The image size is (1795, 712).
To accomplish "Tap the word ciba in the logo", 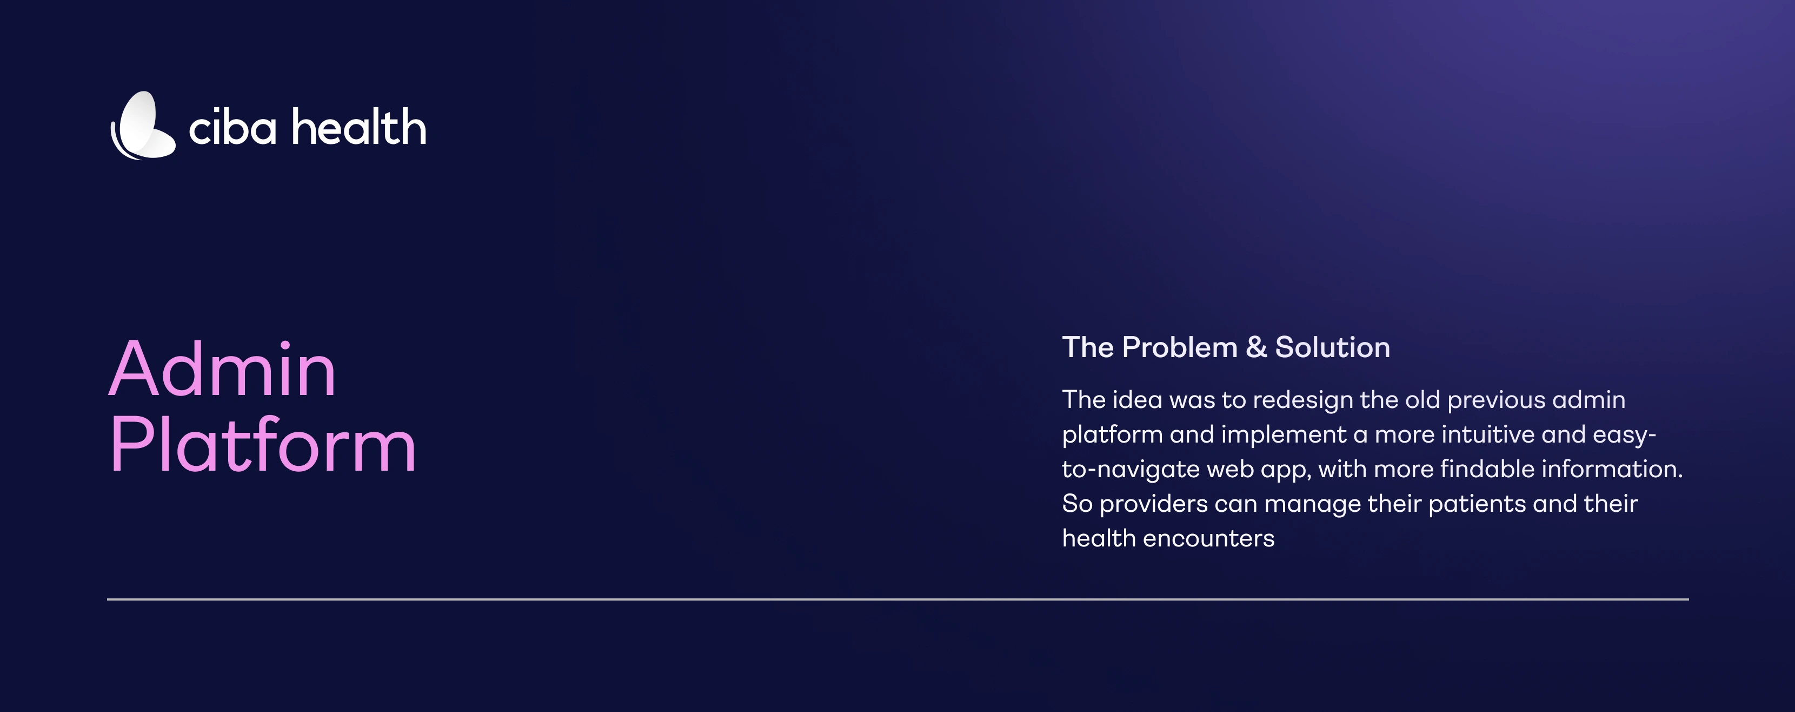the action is click(232, 128).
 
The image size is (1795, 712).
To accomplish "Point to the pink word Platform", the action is click(263, 444).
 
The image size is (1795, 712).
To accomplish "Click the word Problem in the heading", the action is click(1180, 347).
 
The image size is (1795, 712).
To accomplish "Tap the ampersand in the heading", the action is click(1256, 347).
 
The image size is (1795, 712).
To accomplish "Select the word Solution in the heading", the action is click(1332, 347).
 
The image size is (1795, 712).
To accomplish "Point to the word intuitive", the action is click(1488, 434).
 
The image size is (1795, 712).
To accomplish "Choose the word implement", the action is click(1284, 435).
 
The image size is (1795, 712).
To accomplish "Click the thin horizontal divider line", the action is click(897, 599).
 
